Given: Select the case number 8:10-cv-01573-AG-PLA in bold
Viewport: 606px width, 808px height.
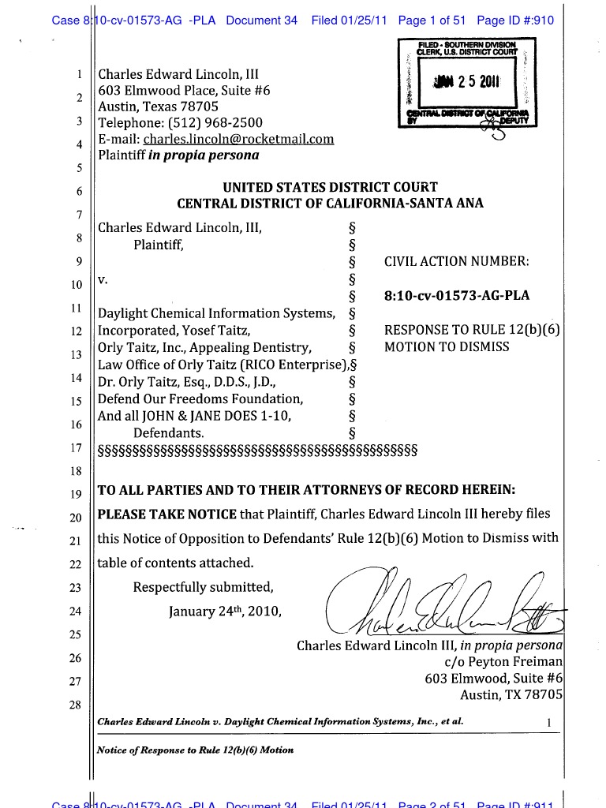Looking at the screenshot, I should (456, 296).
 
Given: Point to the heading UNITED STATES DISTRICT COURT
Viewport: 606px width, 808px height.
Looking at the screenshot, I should (330, 187).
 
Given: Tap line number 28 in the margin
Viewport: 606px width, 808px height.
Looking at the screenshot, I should (75, 705).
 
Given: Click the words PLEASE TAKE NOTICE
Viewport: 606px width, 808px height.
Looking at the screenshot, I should (166, 514).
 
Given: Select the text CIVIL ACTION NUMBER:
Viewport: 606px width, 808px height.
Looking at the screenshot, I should (456, 261).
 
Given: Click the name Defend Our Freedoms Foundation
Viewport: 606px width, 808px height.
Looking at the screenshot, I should (200, 398).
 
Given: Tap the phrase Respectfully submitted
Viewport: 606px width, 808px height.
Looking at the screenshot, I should (204, 587).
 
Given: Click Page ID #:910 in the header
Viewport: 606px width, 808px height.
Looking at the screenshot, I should (515, 21).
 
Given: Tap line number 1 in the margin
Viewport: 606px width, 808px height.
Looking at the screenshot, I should (80, 76).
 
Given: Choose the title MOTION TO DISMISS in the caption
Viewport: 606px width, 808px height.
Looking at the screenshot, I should (447, 347).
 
